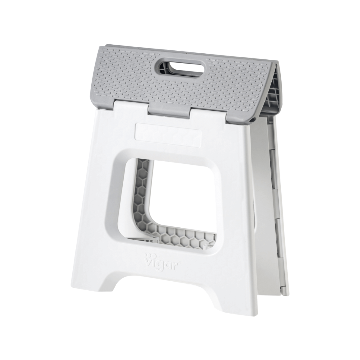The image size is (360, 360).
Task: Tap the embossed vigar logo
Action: (160, 263)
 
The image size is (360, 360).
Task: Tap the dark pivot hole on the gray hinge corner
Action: (253, 120)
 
